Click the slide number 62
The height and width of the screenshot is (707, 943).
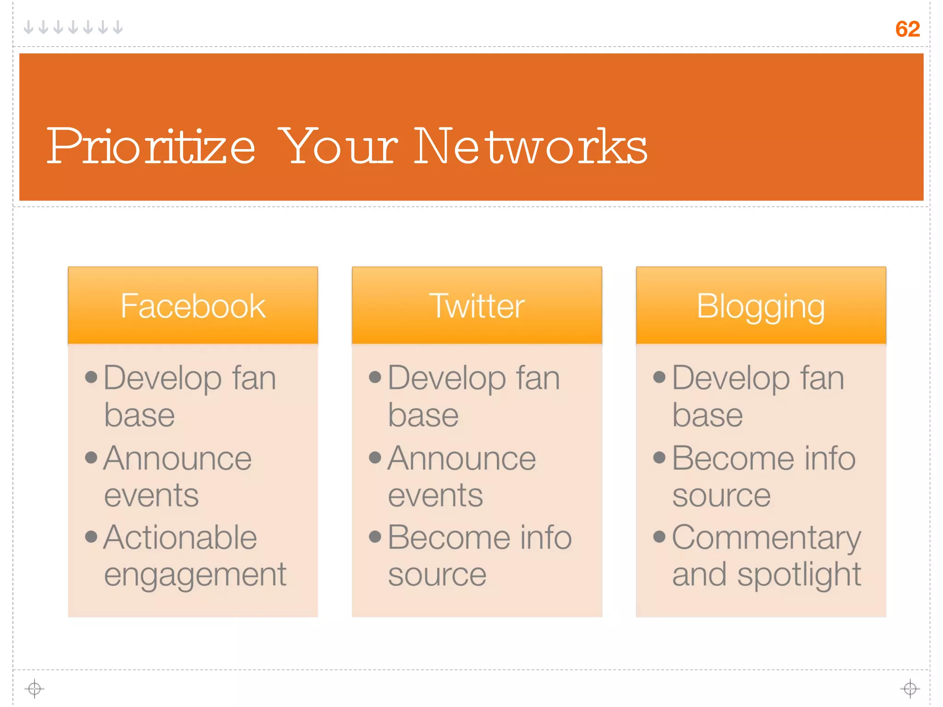tap(907, 29)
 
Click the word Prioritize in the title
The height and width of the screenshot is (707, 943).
tap(151, 146)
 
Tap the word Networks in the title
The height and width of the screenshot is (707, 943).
tap(530, 146)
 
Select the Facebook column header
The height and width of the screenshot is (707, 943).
tap(193, 306)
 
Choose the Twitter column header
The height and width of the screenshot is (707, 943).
tap(477, 306)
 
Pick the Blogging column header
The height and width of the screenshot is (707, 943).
tap(761, 307)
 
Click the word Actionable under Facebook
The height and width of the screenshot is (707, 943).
tap(180, 537)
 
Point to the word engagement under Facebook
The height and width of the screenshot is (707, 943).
tap(195, 575)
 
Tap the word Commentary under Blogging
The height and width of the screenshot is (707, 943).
tap(766, 538)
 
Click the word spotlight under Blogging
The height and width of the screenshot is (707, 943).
tap(799, 575)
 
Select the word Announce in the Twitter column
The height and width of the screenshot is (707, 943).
tap(462, 458)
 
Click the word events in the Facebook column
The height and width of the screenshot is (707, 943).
tap(151, 495)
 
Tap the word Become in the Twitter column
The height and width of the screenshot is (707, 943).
tap(449, 537)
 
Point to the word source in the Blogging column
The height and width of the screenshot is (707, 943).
tap(721, 496)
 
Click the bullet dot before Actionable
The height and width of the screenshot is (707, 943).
tap(91, 536)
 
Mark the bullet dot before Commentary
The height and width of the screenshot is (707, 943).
tap(659, 536)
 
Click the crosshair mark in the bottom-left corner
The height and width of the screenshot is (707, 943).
tap(35, 689)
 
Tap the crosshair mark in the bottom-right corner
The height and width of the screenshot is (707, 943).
tap(910, 689)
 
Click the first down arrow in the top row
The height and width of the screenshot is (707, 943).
tap(29, 28)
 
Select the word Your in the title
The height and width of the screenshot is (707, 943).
tap(338, 146)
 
